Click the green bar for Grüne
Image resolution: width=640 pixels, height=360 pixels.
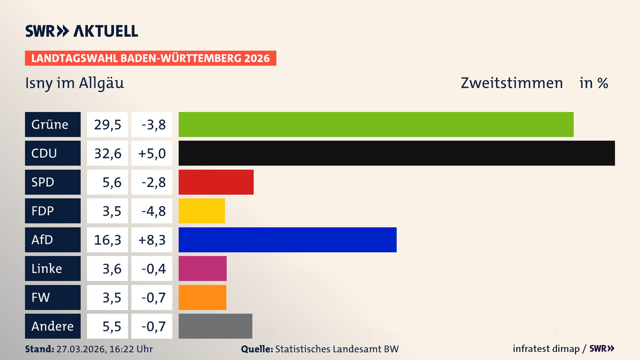click(376, 124)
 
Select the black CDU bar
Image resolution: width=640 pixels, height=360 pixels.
click(397, 153)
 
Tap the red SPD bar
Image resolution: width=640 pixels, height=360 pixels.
click(216, 182)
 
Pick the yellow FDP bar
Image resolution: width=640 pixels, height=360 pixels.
click(202, 211)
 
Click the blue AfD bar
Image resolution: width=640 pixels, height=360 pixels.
click(287, 240)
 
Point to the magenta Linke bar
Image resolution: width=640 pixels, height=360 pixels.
click(202, 268)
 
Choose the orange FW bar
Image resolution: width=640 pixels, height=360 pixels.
click(202, 297)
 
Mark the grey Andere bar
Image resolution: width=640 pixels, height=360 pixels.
click(215, 326)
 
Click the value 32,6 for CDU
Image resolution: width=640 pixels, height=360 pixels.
click(107, 153)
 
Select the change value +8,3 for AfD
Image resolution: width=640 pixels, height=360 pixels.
click(152, 240)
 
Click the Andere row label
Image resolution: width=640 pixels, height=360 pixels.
click(53, 326)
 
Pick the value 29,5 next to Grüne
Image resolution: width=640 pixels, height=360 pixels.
click(107, 125)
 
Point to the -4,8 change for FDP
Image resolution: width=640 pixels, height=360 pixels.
click(153, 211)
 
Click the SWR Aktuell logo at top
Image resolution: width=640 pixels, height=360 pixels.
click(82, 31)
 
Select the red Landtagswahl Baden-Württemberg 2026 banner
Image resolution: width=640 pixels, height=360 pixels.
click(150, 58)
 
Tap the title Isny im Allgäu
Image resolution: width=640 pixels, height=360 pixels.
click(75, 83)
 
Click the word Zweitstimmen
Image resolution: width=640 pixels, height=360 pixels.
click(512, 83)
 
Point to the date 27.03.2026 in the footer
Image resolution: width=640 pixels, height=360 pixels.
click(81, 349)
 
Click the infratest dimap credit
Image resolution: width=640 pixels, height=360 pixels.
click(546, 349)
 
